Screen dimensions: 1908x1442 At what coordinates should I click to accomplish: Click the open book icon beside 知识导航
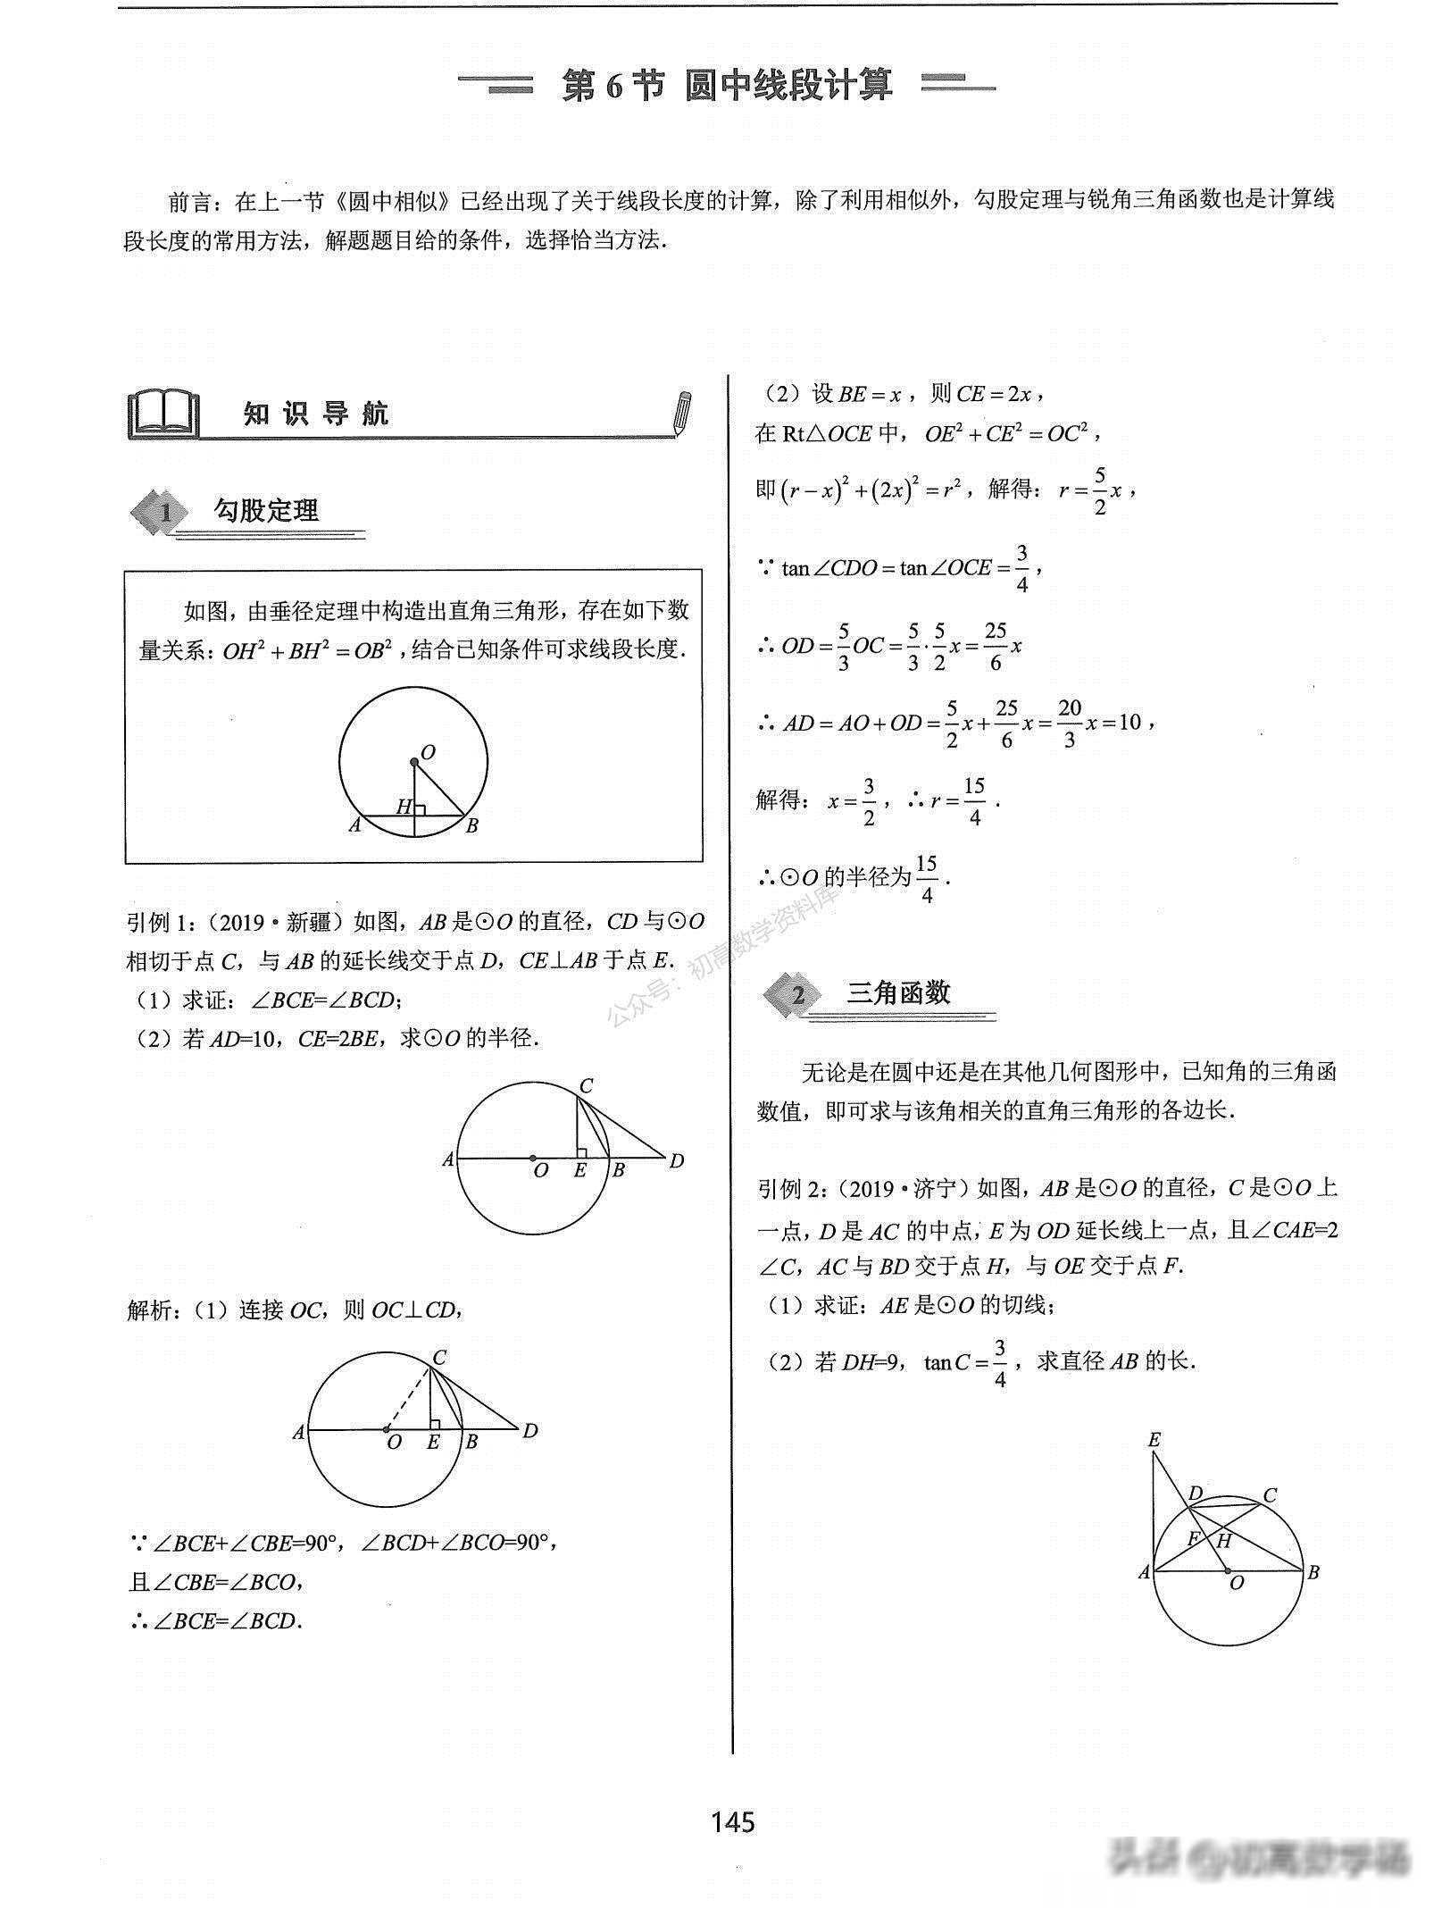click(163, 413)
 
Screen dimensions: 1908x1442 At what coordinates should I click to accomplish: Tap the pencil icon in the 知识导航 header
click(683, 413)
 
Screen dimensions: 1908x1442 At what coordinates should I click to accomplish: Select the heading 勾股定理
click(266, 511)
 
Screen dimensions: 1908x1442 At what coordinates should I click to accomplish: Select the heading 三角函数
click(898, 993)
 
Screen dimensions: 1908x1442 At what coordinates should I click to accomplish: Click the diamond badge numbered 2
click(797, 996)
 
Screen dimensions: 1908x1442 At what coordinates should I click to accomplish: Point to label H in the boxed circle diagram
click(404, 807)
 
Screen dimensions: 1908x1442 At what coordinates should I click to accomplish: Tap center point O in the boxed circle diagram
click(414, 762)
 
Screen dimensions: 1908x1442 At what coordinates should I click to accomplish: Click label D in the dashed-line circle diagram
click(530, 1431)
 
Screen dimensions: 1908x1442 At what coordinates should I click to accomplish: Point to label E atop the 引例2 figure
click(1154, 1440)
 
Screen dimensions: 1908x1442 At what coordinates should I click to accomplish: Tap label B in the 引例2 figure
click(1313, 1573)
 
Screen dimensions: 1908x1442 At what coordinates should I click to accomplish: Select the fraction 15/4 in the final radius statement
click(926, 879)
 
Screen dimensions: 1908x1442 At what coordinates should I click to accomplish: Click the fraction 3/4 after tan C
click(1000, 1363)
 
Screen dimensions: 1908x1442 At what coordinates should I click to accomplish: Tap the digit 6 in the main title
click(613, 86)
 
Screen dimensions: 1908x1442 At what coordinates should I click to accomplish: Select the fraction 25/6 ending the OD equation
click(996, 646)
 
